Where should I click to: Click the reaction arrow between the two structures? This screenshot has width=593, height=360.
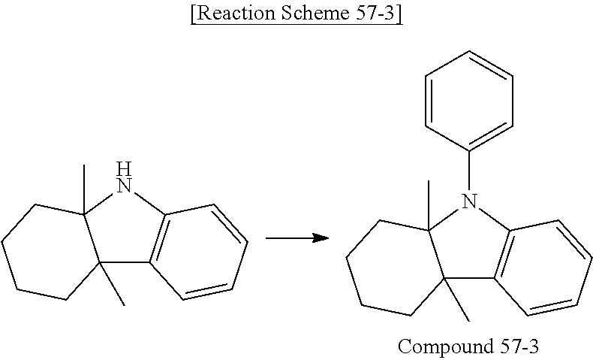click(x=297, y=238)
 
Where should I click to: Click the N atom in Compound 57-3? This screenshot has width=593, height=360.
click(x=469, y=201)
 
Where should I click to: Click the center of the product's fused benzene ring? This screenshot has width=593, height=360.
click(x=541, y=263)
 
